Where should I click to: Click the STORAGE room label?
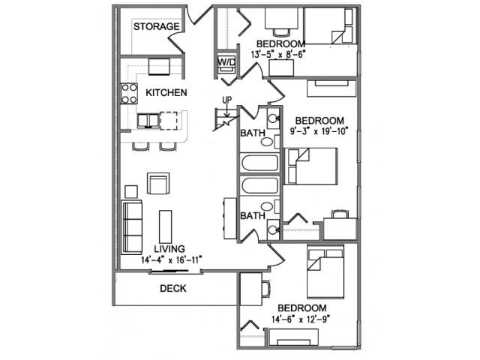(x=156, y=27)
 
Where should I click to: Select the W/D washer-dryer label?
(x=226, y=61)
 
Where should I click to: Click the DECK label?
(x=173, y=288)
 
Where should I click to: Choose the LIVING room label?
(x=170, y=249)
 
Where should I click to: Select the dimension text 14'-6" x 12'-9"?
(x=301, y=319)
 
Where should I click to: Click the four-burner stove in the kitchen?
(x=129, y=93)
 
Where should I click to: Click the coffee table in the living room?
(x=165, y=225)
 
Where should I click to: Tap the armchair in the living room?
(x=158, y=184)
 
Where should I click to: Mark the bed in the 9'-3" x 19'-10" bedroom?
(x=310, y=165)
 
